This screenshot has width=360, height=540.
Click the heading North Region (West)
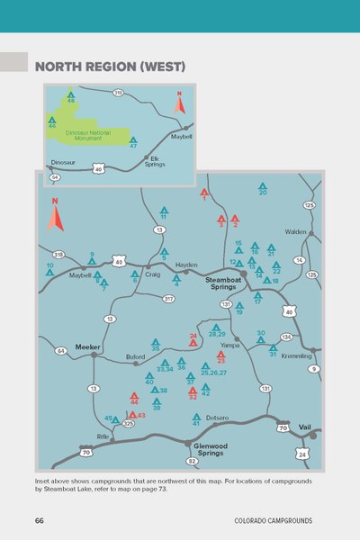(x=109, y=67)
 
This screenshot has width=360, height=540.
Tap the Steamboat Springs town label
(x=225, y=284)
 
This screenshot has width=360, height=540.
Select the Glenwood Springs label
(x=209, y=449)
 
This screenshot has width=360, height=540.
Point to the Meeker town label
(x=86, y=346)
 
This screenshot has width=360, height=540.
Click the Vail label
(x=304, y=426)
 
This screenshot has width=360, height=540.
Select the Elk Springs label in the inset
(x=155, y=161)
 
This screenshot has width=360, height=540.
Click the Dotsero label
(x=217, y=417)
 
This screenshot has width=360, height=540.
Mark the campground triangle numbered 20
(x=263, y=186)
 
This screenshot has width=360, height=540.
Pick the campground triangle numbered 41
(x=196, y=417)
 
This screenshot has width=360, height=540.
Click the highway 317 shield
(x=168, y=298)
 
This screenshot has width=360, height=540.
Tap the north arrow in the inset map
(x=179, y=103)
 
